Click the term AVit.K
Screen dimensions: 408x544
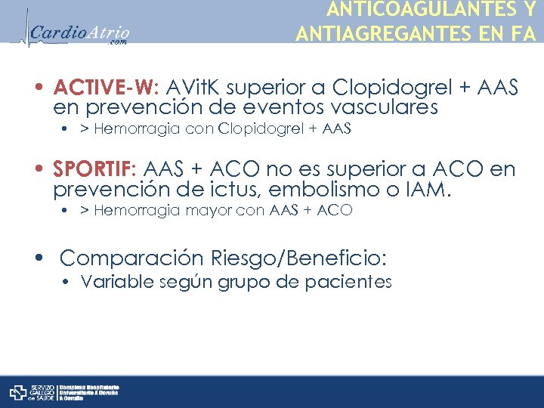(197, 88)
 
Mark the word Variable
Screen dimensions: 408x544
(112, 283)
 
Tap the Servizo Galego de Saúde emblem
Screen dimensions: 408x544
(18, 392)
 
